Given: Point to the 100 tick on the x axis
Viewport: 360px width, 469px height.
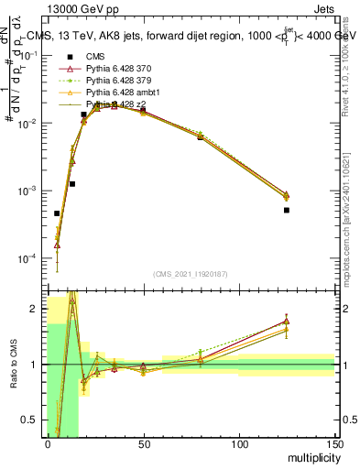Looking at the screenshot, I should click(239, 444).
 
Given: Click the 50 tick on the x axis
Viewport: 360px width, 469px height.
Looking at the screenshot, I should click(144, 444).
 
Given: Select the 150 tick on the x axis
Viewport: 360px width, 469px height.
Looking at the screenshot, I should click(334, 444).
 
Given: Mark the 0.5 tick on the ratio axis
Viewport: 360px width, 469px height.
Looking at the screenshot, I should click(37, 420).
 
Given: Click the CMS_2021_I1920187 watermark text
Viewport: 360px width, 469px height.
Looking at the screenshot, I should click(189, 273).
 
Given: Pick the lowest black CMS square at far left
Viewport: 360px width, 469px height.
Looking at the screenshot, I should click(57, 213).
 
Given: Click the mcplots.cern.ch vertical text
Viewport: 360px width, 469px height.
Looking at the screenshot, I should click(348, 220).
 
